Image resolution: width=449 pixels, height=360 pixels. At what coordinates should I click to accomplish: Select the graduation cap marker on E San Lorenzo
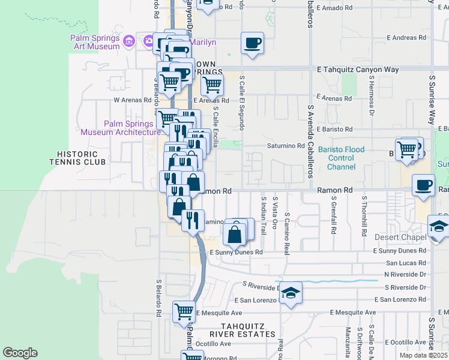click(x=291, y=293)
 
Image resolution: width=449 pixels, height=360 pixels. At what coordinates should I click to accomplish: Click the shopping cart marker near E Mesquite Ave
click(x=184, y=311)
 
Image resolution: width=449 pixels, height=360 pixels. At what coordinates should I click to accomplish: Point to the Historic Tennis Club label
click(x=78, y=158)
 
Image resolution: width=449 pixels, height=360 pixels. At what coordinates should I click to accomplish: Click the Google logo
click(x=20, y=353)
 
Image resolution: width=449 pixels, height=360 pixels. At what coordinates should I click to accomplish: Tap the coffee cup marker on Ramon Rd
click(x=423, y=185)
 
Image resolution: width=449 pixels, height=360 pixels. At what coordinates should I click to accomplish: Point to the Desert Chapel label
click(x=400, y=237)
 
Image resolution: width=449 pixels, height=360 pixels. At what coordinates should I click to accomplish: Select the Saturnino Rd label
click(x=286, y=146)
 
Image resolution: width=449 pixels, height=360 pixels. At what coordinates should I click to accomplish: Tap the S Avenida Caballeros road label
click(x=310, y=142)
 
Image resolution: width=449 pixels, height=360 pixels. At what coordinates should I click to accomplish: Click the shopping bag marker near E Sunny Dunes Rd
click(x=235, y=233)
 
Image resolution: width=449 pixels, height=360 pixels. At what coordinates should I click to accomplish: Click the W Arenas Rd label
click(x=132, y=100)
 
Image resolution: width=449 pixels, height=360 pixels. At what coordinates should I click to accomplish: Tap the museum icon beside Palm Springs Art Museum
click(x=128, y=41)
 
